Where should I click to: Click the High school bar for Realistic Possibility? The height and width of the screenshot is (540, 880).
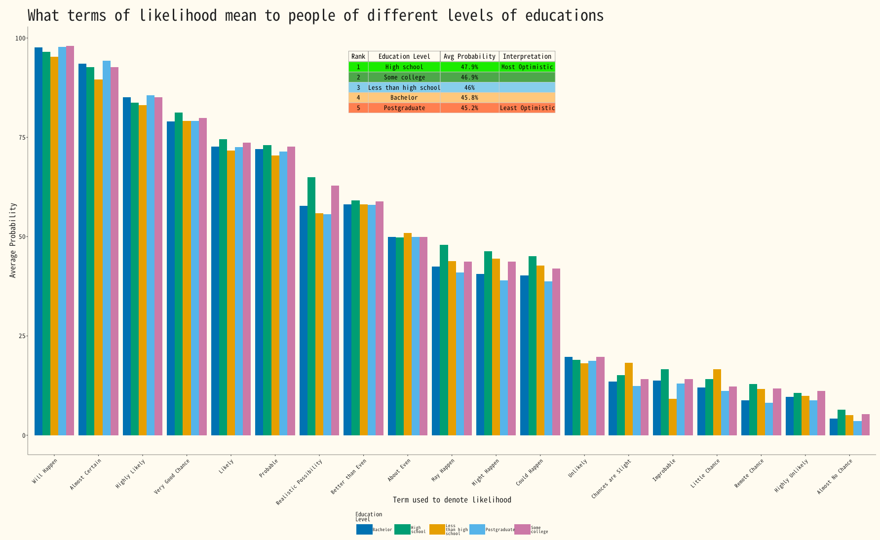pos(311,306)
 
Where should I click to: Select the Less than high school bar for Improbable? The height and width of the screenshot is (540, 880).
pos(673,417)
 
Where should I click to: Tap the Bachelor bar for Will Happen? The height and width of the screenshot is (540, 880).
pos(38,241)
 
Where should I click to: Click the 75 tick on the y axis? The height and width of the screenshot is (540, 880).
pos(22,137)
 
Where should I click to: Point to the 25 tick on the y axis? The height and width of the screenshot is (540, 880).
pos(22,336)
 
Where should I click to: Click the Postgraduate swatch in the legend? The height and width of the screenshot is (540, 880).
pos(477,530)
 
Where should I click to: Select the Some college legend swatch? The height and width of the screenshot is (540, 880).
pos(522,530)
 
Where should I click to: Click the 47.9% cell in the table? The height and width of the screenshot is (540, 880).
pos(469,67)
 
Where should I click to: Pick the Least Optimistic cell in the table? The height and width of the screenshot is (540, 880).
pos(527,108)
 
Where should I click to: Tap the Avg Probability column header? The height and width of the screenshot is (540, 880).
pos(469,56)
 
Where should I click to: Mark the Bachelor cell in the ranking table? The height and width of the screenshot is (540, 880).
pos(404,98)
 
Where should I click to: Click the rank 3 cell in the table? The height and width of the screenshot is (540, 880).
pos(358,87)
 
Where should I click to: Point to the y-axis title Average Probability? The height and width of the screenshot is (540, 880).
pos(13,240)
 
